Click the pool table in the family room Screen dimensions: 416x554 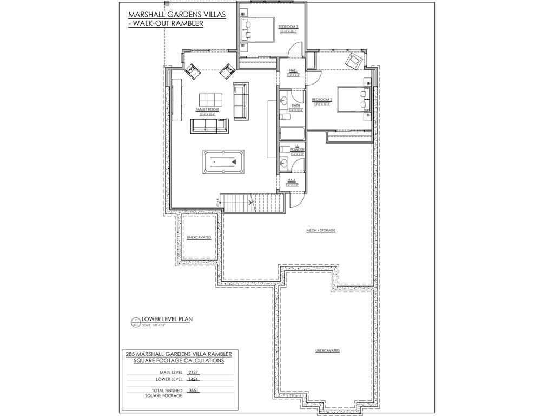point(223,161)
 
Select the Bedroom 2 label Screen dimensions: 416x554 point(322,100)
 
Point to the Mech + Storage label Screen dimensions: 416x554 point(321,230)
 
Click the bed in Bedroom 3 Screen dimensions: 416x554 point(259,29)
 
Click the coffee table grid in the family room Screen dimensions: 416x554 point(210,100)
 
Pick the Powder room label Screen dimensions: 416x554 point(297,149)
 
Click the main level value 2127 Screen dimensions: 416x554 point(193,373)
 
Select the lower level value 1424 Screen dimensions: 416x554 point(193,379)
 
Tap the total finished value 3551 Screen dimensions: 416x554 point(193,390)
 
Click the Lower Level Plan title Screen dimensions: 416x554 point(167,320)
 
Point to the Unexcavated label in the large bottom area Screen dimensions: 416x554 point(327,351)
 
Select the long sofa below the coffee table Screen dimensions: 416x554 point(209,126)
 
